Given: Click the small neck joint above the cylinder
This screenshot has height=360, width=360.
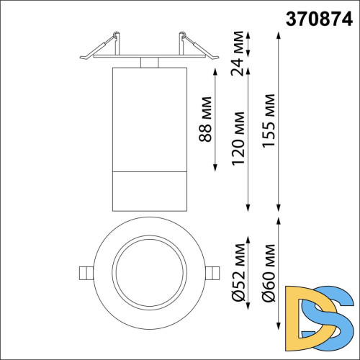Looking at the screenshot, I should pos(148,63).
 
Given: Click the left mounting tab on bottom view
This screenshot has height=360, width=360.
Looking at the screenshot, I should pos(85,272).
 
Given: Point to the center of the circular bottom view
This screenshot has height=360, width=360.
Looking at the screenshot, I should pos(148,272).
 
